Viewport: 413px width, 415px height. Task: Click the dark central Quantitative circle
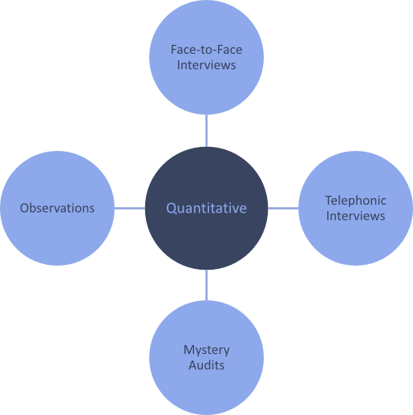206,208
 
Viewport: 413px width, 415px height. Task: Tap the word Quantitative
206,208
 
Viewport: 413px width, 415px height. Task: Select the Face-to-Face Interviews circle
206,57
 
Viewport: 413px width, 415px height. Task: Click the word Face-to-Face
206,50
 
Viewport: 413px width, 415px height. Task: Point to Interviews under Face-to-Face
206,65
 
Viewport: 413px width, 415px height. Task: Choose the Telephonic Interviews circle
355,208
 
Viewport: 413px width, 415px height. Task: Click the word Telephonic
355,201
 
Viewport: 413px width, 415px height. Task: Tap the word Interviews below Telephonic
355,216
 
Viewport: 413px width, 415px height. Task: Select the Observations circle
57,208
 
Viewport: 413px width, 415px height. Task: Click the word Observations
57,208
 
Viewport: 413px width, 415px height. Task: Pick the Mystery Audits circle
206,357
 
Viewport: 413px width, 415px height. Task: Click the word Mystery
206,351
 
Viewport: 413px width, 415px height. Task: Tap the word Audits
206,365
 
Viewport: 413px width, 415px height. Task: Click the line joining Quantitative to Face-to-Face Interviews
206,131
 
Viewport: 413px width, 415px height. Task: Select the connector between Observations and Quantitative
130,208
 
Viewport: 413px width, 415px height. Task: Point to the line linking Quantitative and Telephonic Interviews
283,208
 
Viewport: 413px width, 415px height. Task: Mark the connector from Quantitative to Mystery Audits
206,285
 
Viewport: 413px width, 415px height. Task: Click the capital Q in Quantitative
171,209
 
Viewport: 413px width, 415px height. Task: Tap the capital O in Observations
25,208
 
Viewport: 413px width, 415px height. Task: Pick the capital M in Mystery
189,350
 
